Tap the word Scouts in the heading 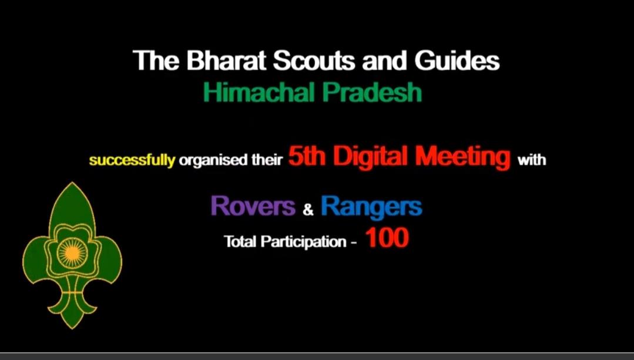click(x=314, y=61)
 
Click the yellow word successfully click(x=132, y=160)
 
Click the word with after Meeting click(x=531, y=160)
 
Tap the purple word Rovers click(x=253, y=206)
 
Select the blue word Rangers click(x=371, y=206)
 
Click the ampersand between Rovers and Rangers click(x=308, y=208)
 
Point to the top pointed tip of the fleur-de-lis click(x=72, y=184)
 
